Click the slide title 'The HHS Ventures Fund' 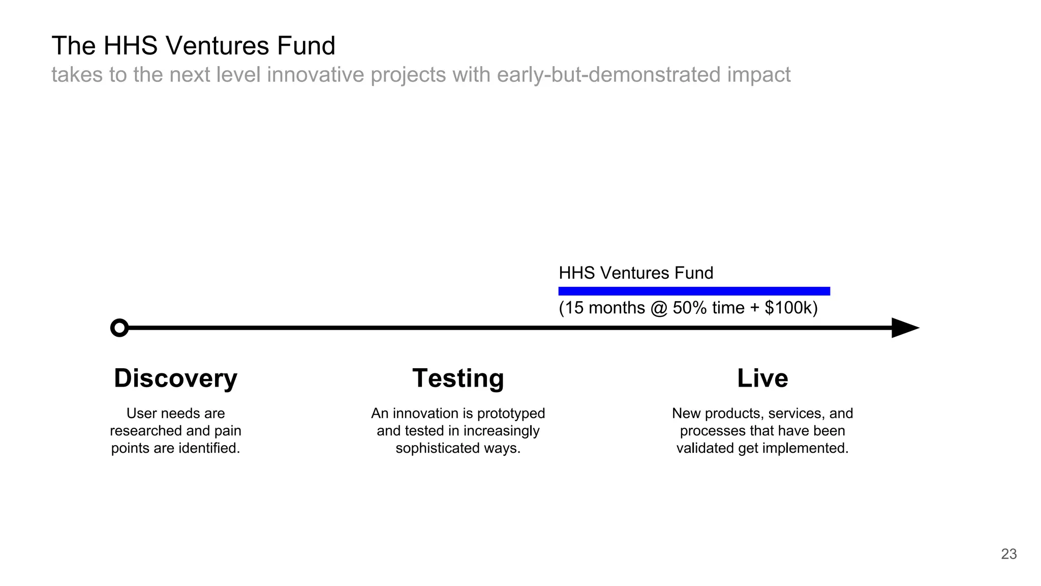pos(193,46)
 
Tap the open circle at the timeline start pos(119,328)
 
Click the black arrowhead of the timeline pos(905,328)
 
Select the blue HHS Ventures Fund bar pos(694,291)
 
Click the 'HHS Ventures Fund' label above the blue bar pos(636,273)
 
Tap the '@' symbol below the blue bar pos(659,308)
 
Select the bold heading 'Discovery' pos(175,378)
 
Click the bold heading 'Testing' pos(458,378)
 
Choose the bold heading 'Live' pos(762,378)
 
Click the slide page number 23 pos(1008,554)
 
